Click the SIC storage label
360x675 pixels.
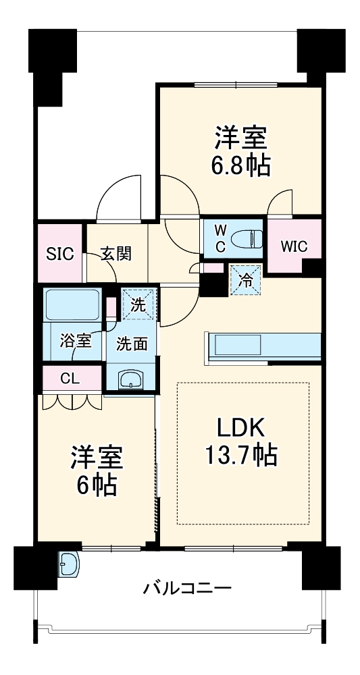[x=59, y=254]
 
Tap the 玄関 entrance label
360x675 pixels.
[x=116, y=254]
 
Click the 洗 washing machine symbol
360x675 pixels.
[x=138, y=304]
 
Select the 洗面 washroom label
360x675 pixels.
[x=132, y=344]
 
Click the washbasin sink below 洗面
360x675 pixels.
[x=130, y=380]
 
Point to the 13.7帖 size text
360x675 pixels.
[x=241, y=457]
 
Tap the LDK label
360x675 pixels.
[x=242, y=428]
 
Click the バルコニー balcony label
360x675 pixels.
[x=187, y=589]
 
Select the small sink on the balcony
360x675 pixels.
[x=69, y=564]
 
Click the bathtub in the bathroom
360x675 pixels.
[x=72, y=305]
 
